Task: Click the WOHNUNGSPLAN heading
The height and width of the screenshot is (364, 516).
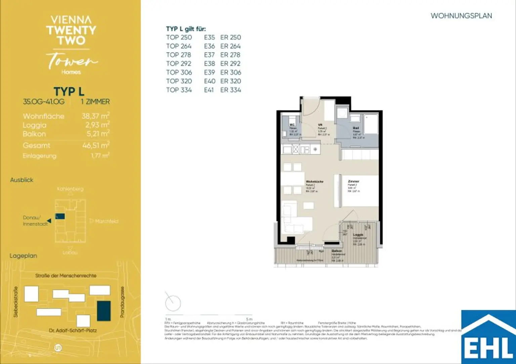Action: click(x=461, y=16)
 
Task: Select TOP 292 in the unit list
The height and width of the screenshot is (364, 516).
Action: click(x=179, y=63)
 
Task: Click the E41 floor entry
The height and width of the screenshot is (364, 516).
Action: click(x=209, y=90)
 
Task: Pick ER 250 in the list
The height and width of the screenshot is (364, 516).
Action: click(x=230, y=37)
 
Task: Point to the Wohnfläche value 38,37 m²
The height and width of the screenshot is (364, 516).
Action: click(x=95, y=116)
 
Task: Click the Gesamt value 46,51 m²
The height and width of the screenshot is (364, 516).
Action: click(x=96, y=145)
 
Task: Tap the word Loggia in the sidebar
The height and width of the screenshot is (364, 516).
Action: click(x=35, y=125)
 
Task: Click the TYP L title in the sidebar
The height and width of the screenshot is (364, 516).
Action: click(x=69, y=91)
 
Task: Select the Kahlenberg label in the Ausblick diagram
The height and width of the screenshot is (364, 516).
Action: click(x=70, y=189)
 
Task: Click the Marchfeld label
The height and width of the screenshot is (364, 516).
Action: click(x=106, y=221)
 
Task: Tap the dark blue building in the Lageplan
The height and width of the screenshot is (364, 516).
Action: click(x=103, y=311)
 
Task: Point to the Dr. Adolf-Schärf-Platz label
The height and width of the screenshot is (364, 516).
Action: click(x=73, y=330)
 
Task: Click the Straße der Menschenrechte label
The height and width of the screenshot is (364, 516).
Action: click(x=66, y=275)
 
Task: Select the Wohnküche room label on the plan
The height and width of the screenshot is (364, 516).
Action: click(x=314, y=181)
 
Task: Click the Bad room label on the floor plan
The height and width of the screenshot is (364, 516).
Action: click(x=356, y=128)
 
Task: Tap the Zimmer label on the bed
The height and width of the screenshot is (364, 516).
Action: click(x=353, y=181)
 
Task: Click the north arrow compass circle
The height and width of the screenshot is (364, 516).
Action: click(x=173, y=303)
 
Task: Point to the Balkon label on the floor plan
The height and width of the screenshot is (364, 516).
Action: click(x=337, y=251)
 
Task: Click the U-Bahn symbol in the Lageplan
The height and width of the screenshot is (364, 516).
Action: click(x=58, y=348)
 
